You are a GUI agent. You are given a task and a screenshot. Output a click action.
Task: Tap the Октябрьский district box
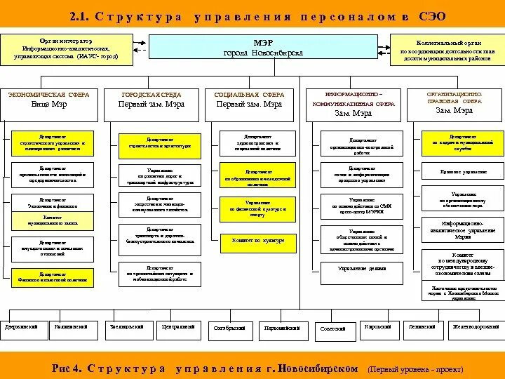coord(229,328)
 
